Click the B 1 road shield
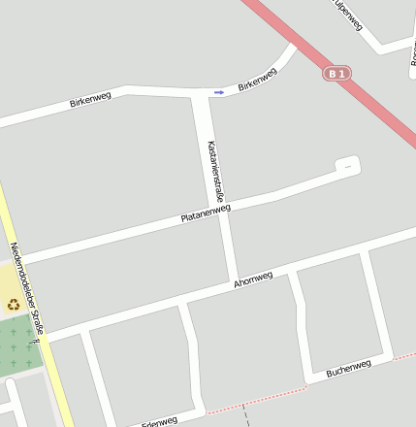[336, 73]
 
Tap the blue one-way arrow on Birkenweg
[219, 92]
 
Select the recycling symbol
[14, 304]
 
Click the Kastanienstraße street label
[215, 171]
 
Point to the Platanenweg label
[206, 213]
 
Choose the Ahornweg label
[254, 279]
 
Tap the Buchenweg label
[349, 369]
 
